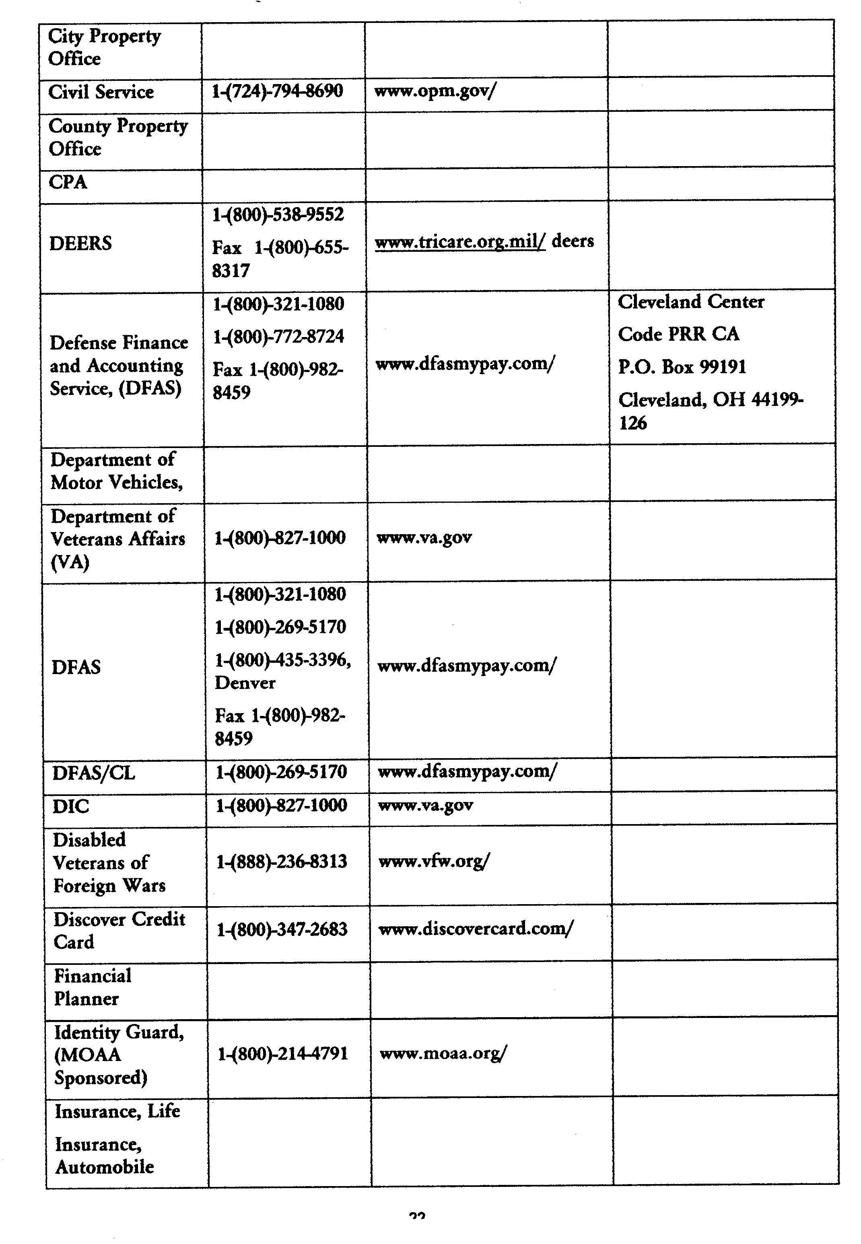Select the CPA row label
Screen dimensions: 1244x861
[x=68, y=182]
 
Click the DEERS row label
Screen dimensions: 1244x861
[x=80, y=243]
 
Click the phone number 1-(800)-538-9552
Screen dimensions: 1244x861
[x=278, y=215]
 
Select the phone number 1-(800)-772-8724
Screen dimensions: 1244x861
[x=278, y=337]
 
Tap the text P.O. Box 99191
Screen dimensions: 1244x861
[x=682, y=367]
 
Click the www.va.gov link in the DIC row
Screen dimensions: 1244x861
[x=426, y=806]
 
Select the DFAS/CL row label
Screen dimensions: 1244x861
[x=93, y=773]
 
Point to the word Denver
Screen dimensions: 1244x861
[x=245, y=683]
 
